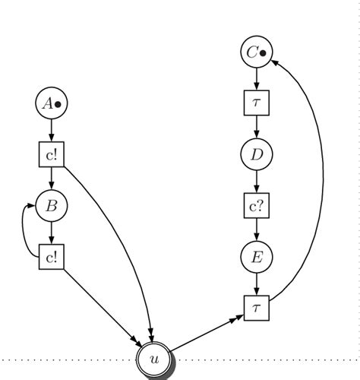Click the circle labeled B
(x=51, y=204)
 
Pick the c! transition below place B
(x=51, y=256)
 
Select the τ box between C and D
(x=257, y=103)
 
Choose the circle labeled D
(x=257, y=154)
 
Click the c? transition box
(x=257, y=205)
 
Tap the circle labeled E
(x=257, y=257)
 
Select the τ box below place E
(x=257, y=307)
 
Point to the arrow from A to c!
(x=51, y=130)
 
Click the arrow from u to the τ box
(x=205, y=333)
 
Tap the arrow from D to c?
(x=257, y=181)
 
